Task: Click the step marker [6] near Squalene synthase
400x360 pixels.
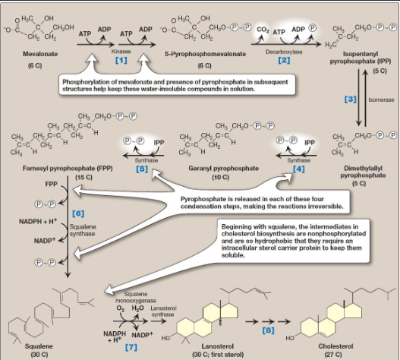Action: tap(77, 214)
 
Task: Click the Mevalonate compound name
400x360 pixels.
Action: tap(31, 54)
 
